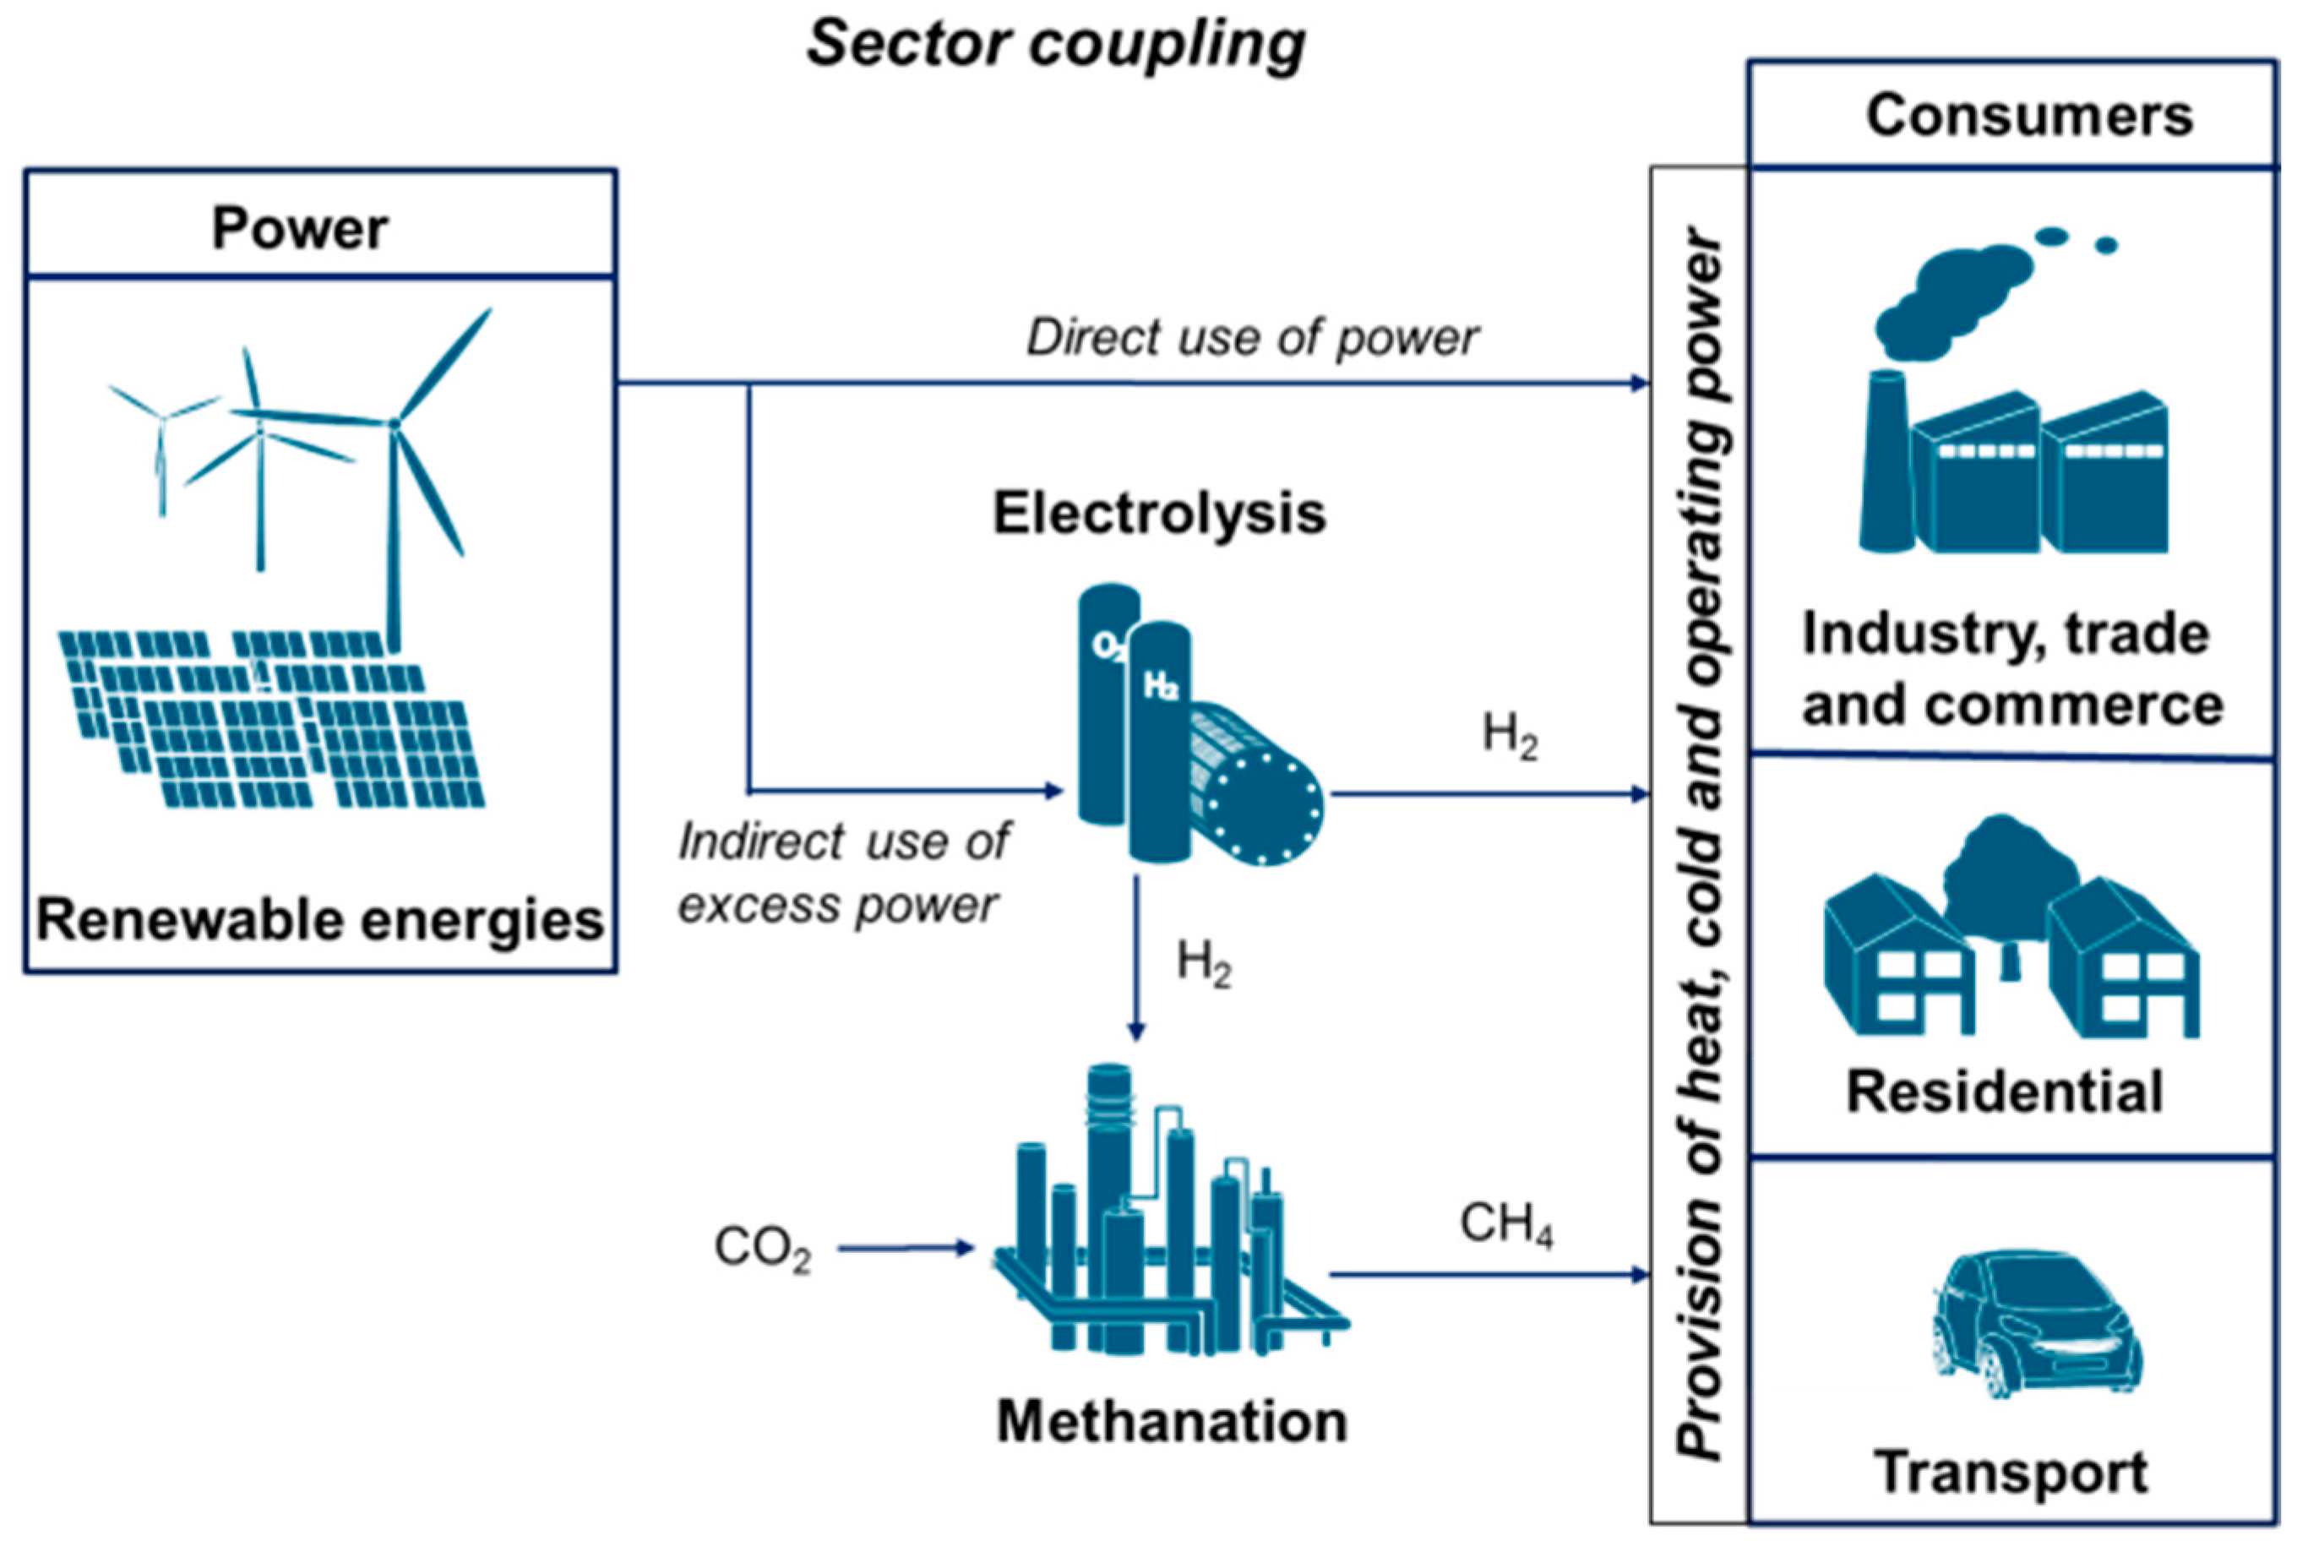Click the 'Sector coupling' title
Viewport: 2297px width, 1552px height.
pos(1056,45)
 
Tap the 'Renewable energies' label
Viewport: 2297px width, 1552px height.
pos(319,919)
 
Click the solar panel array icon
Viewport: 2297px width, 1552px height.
pos(272,719)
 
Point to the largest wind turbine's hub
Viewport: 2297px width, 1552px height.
pos(394,424)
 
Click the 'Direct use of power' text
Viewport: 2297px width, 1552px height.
pos(1252,338)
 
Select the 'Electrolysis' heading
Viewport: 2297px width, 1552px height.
pos(1158,513)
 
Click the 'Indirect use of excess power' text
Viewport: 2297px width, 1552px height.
pos(842,873)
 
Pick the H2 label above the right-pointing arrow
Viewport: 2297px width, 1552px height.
pos(1510,737)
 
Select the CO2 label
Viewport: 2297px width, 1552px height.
pos(762,1249)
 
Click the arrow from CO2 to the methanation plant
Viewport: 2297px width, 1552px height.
pos(905,1249)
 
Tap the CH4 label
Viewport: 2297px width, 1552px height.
pos(1505,1225)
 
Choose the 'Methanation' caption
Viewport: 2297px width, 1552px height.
pos(1171,1423)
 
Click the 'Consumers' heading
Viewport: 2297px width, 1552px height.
pos(2028,116)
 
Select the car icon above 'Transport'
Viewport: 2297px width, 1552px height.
pos(2036,1321)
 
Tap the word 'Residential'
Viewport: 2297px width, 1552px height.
pos(2005,1092)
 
